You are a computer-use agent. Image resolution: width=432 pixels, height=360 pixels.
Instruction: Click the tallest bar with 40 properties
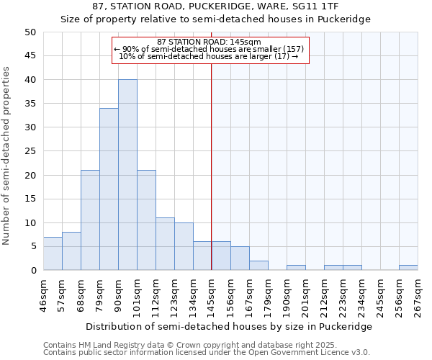(127, 175)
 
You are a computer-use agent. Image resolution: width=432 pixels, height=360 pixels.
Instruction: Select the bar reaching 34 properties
(109, 189)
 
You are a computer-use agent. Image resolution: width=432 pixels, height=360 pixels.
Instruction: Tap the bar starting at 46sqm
(53, 253)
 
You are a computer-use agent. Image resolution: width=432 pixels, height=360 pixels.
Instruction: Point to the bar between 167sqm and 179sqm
(258, 266)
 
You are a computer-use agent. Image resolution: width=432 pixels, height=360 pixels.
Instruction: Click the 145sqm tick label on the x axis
(211, 294)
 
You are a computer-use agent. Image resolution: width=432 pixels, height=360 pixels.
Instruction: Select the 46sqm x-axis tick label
(43, 294)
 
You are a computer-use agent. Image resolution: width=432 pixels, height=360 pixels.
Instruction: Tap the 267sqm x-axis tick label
(418, 294)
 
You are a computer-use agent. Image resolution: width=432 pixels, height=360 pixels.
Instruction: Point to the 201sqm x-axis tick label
(305, 294)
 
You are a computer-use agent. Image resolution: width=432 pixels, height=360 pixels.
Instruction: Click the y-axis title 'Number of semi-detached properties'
(7, 156)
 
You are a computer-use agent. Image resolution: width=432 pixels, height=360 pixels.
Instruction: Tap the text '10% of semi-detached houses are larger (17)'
(208, 56)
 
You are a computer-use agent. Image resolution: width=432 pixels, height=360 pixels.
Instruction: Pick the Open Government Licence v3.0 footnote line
(207, 353)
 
